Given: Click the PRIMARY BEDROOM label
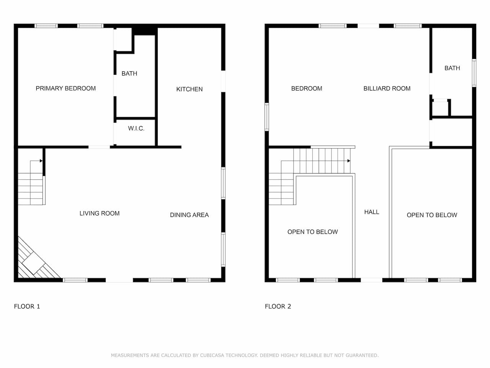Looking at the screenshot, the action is (x=65, y=89).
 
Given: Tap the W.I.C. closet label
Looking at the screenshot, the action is (x=136, y=128).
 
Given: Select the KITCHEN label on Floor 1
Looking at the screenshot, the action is (x=189, y=89).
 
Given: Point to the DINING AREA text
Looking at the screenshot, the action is (x=189, y=215).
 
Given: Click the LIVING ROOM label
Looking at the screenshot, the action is (x=100, y=214).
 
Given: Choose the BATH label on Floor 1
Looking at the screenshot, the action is (x=129, y=74).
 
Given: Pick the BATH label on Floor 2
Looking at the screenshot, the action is (x=452, y=68).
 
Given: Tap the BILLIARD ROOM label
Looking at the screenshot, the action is (x=387, y=89).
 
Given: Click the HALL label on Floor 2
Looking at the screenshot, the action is (x=372, y=212).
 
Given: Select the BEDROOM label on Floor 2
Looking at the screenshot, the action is (x=307, y=89).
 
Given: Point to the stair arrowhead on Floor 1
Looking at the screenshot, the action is (x=41, y=161).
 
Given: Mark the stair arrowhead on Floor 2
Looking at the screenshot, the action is (x=349, y=161).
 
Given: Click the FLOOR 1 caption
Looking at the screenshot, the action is (x=27, y=306).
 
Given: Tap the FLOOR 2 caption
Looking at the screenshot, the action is (x=278, y=306).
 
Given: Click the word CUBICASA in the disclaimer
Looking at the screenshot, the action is (x=212, y=355).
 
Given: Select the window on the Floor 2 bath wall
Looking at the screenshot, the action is (x=474, y=73).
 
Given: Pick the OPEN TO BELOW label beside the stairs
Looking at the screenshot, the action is (x=312, y=232).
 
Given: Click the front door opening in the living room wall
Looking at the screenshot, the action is (x=119, y=280).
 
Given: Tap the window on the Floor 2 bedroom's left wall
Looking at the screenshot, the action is (x=267, y=117).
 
